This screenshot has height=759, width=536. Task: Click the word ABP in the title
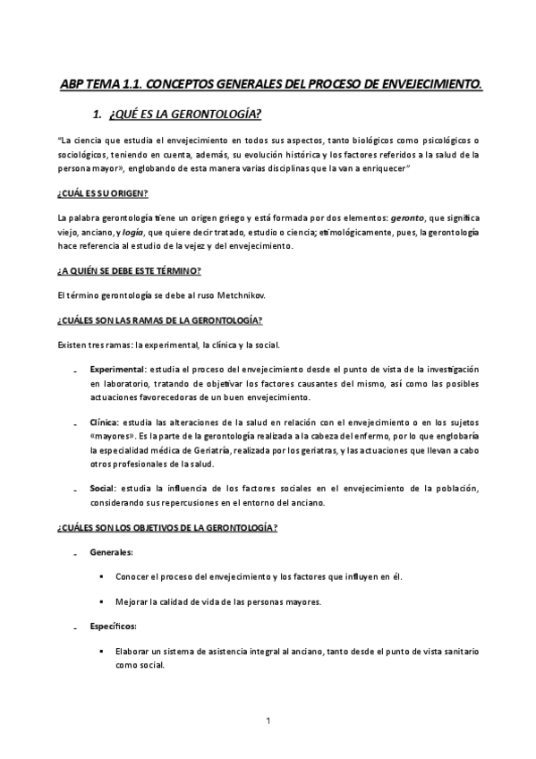point(71,84)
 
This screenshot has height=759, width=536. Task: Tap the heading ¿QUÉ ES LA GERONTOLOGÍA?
point(184,115)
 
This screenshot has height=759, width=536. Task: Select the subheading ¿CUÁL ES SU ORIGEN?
point(101,194)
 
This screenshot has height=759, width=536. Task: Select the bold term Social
point(101,489)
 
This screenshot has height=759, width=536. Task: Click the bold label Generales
point(111,553)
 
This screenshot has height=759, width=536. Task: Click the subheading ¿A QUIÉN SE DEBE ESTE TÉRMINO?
point(128,271)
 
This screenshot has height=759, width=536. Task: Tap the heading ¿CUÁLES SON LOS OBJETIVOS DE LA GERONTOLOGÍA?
point(166,528)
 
